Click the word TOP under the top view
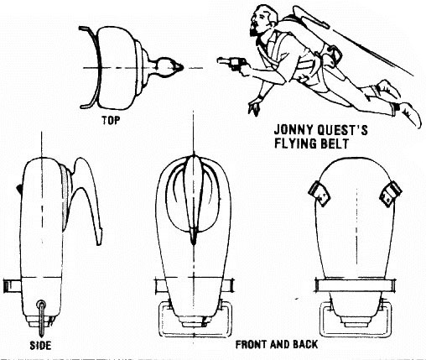[x=111, y=120]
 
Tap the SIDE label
[x=40, y=346]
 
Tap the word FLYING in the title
[x=297, y=143]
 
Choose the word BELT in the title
[x=336, y=143]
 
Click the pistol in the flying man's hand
[x=231, y=63]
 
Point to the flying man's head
[x=264, y=20]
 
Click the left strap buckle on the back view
[x=319, y=194]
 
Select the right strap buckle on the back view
[x=391, y=194]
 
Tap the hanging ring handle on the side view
[x=42, y=317]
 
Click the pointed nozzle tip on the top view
[x=180, y=67]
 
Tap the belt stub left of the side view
[x=12, y=286]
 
